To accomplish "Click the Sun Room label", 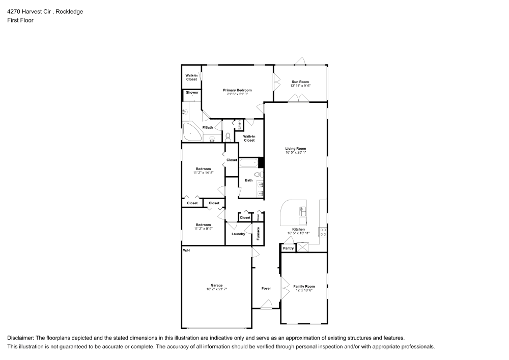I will coord(300,82).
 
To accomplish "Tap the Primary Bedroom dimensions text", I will coord(237,94).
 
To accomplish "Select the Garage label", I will coord(217,285).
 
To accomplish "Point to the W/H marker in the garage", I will coord(186,250).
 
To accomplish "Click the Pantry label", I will coord(288,248).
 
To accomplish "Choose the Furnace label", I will coord(259,233).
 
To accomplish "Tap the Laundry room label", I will coord(238,234).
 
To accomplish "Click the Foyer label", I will coord(266,288).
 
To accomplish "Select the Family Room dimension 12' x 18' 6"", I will coord(304,290).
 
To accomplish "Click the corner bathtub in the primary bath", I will coord(192,133).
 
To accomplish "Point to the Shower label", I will coord(192,93).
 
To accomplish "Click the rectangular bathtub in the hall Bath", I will coord(249,163).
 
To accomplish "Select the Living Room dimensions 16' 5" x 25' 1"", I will coord(295,152).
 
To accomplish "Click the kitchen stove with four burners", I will coord(322,232).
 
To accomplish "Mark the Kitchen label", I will coord(298,229).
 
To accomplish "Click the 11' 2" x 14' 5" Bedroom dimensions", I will coord(203,173).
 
